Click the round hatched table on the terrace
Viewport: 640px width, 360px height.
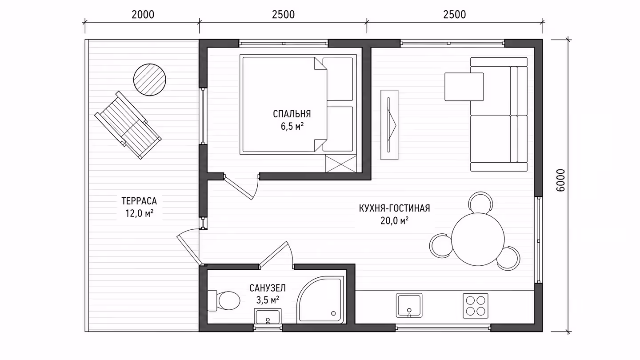pos(149,80)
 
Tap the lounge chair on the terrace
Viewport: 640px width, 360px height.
pos(128,125)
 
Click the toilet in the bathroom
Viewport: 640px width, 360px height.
pos(224,300)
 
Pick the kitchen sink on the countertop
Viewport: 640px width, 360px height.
pos(409,305)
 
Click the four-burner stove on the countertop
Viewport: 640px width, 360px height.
pos(476,305)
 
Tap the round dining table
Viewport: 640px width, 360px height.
pos(478,240)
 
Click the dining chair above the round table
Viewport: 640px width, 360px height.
pos(480,202)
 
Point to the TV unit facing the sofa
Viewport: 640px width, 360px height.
pos(389,125)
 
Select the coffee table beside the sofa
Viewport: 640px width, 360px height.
pos(464,87)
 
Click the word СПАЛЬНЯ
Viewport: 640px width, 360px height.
pos(292,114)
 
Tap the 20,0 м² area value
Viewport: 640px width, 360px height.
pos(394,220)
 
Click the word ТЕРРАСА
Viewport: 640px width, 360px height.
pos(139,201)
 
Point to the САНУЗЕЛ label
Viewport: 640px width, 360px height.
pos(268,288)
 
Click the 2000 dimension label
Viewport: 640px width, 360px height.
pos(143,15)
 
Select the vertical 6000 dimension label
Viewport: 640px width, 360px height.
pos(561,180)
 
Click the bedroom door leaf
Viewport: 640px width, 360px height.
pos(238,187)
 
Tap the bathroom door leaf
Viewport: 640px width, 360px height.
pos(274,255)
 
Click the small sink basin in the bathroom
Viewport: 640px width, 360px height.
pos(268,316)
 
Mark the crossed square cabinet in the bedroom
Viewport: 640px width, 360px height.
pos(341,164)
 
